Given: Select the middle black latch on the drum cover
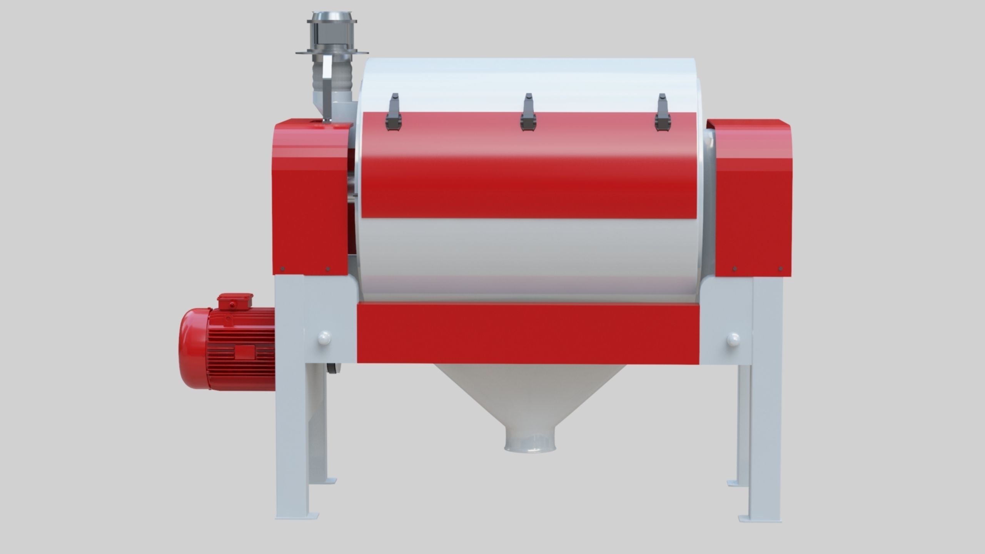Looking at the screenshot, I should coord(528,112).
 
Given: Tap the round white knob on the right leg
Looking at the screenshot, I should coord(733,339).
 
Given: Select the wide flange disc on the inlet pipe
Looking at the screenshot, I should coord(332,63).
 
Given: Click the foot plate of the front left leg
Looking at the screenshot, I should coord(297,516).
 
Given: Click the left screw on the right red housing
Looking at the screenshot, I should coord(735,268).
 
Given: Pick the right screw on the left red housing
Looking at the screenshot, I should coord(328,268).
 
